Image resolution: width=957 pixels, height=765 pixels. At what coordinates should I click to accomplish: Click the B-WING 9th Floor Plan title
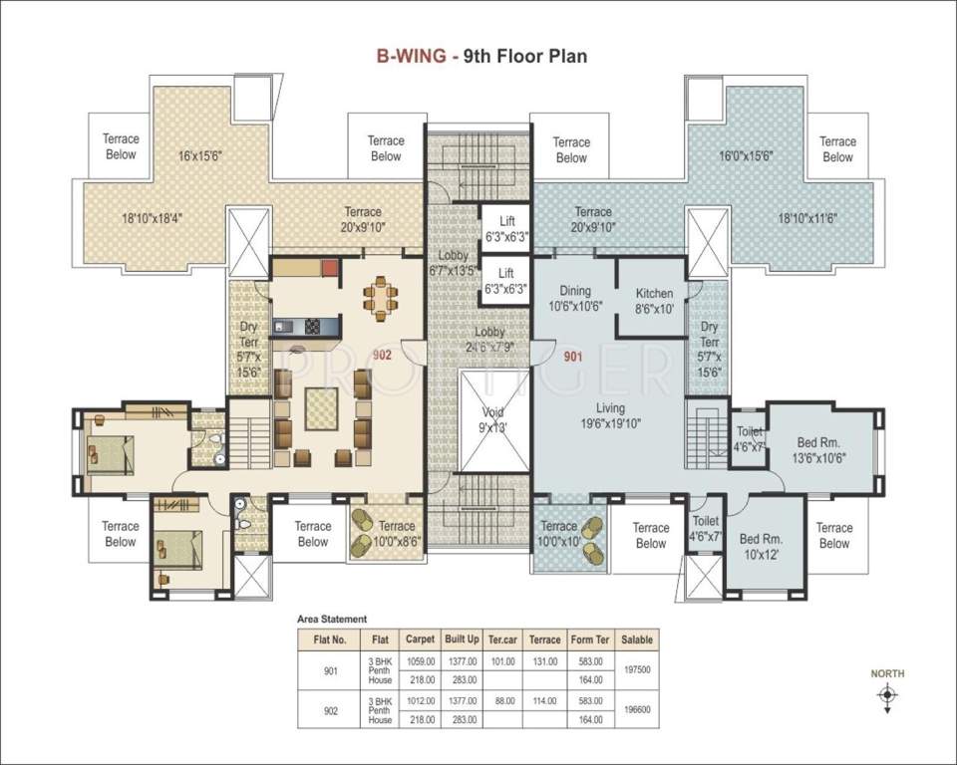click(x=480, y=56)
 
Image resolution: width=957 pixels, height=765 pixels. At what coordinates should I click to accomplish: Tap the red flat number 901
click(x=573, y=356)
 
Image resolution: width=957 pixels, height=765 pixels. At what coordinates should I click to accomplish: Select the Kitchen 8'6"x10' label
click(x=654, y=301)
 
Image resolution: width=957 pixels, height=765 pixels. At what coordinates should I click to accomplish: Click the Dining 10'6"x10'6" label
click(x=574, y=299)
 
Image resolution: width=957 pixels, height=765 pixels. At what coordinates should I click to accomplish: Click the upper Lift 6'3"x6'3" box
click(x=505, y=229)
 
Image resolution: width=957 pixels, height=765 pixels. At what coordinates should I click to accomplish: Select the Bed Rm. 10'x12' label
click(x=763, y=546)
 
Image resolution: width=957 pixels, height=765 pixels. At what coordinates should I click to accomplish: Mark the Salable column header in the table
click(x=636, y=639)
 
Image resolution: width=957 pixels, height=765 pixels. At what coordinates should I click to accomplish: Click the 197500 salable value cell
click(x=636, y=669)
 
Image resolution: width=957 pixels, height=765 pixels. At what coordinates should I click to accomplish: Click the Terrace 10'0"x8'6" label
click(x=397, y=533)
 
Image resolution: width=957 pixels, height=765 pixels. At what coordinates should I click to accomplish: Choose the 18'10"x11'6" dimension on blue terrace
click(x=808, y=219)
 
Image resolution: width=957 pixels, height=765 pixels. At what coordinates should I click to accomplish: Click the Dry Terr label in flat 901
click(x=709, y=349)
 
